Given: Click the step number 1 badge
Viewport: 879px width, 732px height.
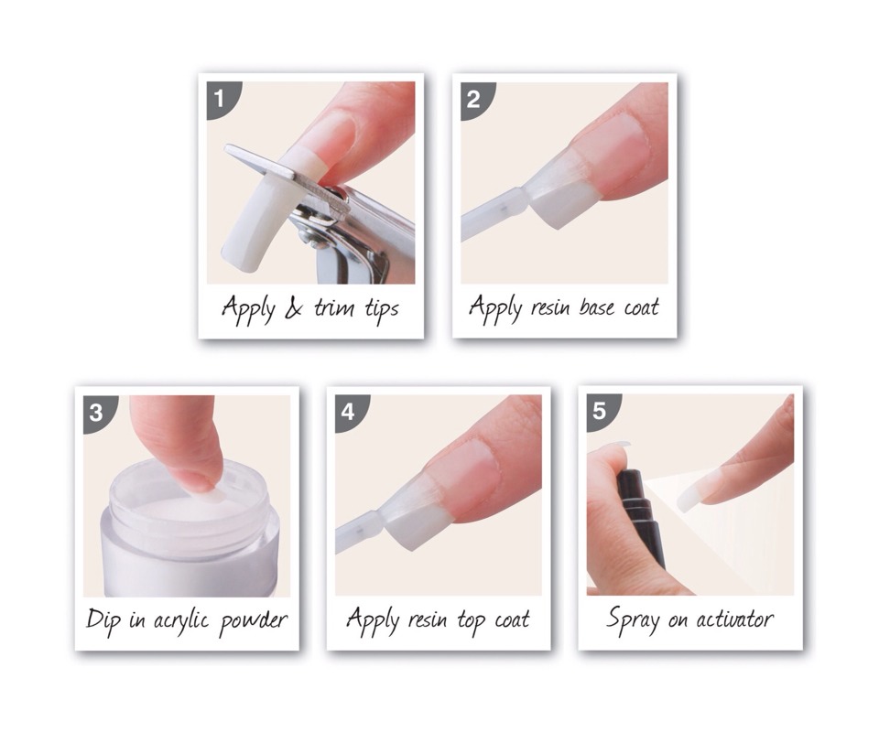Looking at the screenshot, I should point(219,94).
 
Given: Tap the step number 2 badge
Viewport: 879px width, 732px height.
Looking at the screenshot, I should point(472,95).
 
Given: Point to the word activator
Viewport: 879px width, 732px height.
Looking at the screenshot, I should point(729,619).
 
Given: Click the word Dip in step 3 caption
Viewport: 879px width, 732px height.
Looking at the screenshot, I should point(103,621).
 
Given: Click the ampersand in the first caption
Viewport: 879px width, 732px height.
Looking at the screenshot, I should point(292,308).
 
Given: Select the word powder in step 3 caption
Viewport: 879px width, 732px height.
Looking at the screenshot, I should point(253,621).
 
